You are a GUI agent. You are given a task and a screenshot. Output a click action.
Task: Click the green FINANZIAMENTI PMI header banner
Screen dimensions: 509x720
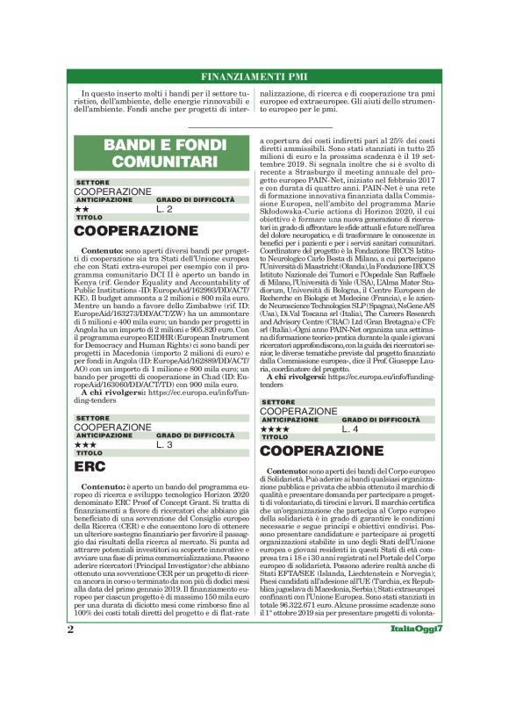click(254, 76)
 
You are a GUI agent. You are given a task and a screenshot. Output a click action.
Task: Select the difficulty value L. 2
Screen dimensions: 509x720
click(165, 209)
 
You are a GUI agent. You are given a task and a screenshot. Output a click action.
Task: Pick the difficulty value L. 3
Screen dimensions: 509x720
click(165, 445)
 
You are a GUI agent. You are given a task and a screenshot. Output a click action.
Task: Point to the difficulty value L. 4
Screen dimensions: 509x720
click(350, 428)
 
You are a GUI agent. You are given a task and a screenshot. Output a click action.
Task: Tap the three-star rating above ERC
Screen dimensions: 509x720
click(85, 445)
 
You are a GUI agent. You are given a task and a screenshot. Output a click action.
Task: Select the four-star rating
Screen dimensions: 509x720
click(275, 429)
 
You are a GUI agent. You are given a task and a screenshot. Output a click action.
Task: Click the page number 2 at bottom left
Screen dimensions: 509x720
click(70, 679)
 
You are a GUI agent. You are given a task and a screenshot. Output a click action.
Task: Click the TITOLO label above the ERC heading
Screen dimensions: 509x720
click(89, 453)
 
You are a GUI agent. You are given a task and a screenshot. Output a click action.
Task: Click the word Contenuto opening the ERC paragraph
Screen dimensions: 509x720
click(103, 486)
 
